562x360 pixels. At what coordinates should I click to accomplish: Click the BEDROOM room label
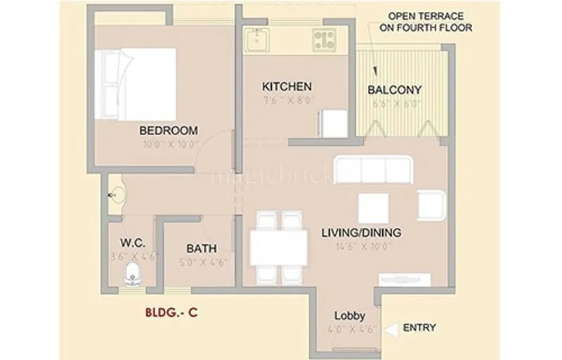click(x=168, y=130)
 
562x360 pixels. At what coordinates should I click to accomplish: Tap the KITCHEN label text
click(x=287, y=86)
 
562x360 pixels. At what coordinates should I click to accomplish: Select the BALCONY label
click(x=395, y=90)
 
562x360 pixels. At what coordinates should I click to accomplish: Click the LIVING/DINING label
click(x=361, y=233)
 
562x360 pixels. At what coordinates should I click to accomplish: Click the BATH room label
click(x=201, y=249)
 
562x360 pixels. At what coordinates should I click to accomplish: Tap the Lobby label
click(x=349, y=315)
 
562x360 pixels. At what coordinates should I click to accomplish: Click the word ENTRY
click(x=419, y=328)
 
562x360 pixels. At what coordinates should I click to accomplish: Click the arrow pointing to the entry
click(x=391, y=328)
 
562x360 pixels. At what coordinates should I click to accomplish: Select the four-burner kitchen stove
click(x=324, y=39)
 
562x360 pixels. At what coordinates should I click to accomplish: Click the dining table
click(x=279, y=247)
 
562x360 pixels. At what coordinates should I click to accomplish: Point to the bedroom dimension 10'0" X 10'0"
click(x=168, y=144)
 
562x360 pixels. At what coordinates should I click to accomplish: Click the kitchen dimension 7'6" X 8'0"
click(x=287, y=100)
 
